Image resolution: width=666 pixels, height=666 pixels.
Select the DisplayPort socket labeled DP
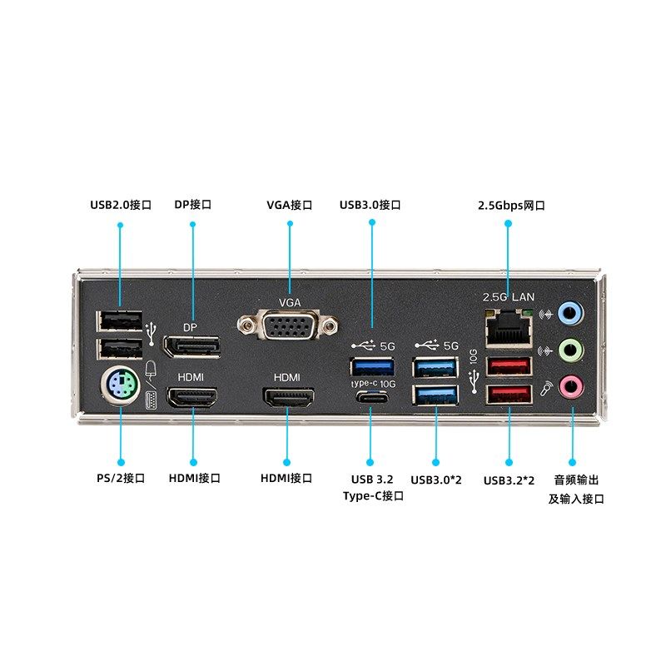191,345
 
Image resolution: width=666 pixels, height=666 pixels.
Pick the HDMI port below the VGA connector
288,397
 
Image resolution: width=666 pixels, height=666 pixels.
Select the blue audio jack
569,314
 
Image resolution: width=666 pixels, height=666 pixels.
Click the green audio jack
569,349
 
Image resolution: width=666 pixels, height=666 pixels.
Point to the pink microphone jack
569,385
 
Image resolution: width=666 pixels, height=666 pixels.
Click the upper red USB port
508,365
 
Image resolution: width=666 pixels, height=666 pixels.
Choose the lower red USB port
508,395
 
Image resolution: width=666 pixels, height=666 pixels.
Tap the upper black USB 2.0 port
120,321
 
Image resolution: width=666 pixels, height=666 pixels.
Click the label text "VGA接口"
289,205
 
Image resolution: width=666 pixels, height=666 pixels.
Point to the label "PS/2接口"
121,478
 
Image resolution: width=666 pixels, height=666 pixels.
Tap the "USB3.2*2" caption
509,480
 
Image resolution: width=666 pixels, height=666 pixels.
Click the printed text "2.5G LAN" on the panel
509,296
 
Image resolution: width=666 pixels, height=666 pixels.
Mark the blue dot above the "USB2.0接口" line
121,224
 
